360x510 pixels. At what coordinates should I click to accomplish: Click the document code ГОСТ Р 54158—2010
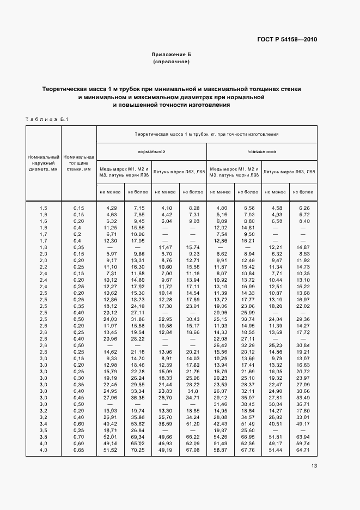(x=288, y=40)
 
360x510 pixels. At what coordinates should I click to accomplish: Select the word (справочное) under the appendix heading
(x=171, y=62)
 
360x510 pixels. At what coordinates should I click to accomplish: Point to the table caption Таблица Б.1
(x=46, y=119)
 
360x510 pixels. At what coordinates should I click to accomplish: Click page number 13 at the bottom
(x=314, y=465)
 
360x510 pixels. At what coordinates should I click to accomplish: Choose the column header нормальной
(x=151, y=151)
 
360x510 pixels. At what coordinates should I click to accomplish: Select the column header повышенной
(x=261, y=151)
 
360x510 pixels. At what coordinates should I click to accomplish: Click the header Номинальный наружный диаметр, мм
(x=44, y=162)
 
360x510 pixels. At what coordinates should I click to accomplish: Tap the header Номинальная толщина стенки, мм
(x=78, y=162)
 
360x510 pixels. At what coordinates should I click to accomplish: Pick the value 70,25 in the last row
(x=137, y=451)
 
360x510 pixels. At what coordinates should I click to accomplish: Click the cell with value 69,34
(x=137, y=437)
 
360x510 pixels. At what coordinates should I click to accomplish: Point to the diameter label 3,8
(x=44, y=437)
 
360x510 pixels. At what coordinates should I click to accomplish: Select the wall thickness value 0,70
(x=78, y=437)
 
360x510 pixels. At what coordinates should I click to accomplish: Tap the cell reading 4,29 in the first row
(x=111, y=208)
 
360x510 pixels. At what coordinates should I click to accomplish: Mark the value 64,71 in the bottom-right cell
(x=303, y=451)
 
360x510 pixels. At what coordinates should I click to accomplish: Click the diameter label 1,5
(x=44, y=208)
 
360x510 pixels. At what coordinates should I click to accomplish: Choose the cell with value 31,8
(x=192, y=391)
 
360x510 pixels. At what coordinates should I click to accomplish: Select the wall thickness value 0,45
(x=78, y=397)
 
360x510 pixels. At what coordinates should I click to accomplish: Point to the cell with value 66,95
(x=248, y=437)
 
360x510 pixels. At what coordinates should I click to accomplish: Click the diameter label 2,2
(x=44, y=267)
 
